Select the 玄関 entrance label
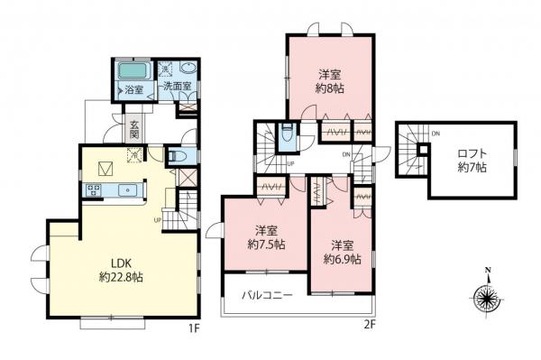pyautogui.click(x=133, y=129)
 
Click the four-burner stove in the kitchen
pyautogui.click(x=94, y=190)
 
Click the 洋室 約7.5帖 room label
pyautogui.click(x=267, y=236)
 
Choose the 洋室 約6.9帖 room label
pyautogui.click(x=342, y=252)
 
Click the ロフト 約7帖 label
pyautogui.click(x=470, y=159)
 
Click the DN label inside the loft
pyautogui.click(x=436, y=134)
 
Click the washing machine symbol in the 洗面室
pyautogui.click(x=167, y=69)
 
